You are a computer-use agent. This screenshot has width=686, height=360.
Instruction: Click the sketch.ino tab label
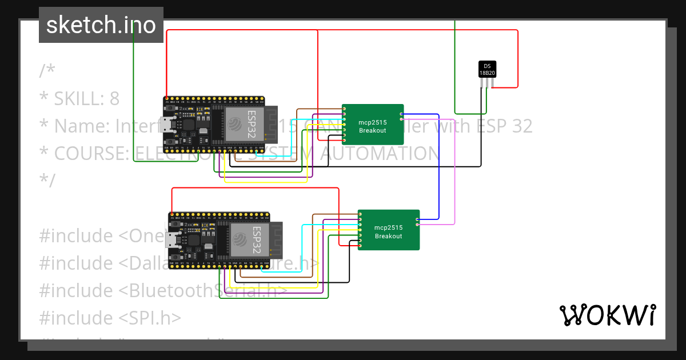click(101, 25)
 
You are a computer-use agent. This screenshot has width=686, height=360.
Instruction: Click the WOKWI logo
click(607, 315)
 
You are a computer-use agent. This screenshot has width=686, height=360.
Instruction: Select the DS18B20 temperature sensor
click(487, 69)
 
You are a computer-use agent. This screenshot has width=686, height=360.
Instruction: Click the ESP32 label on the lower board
click(257, 239)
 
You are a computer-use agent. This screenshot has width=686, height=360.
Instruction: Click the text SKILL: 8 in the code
click(87, 99)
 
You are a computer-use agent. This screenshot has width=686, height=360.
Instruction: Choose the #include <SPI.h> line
click(110, 318)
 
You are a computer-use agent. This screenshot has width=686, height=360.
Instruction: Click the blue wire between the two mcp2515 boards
click(438, 166)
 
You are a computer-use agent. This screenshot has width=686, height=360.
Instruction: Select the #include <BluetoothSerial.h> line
click(163, 290)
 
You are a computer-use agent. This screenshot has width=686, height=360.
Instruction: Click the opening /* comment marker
click(47, 71)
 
